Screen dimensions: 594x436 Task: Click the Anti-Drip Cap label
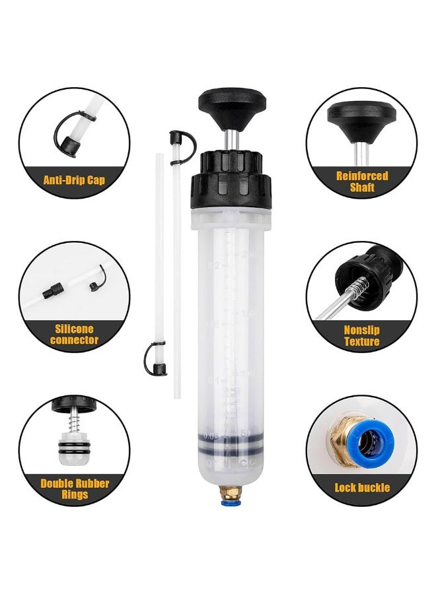[73, 180]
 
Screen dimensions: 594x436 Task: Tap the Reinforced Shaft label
[361, 181]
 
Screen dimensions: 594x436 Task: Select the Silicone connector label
[74, 335]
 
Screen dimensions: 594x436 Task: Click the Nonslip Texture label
[361, 335]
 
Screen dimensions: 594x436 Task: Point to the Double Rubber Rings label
[74, 488]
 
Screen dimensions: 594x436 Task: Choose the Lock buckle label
[362, 488]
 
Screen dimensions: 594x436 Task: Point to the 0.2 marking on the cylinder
[213, 265]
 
